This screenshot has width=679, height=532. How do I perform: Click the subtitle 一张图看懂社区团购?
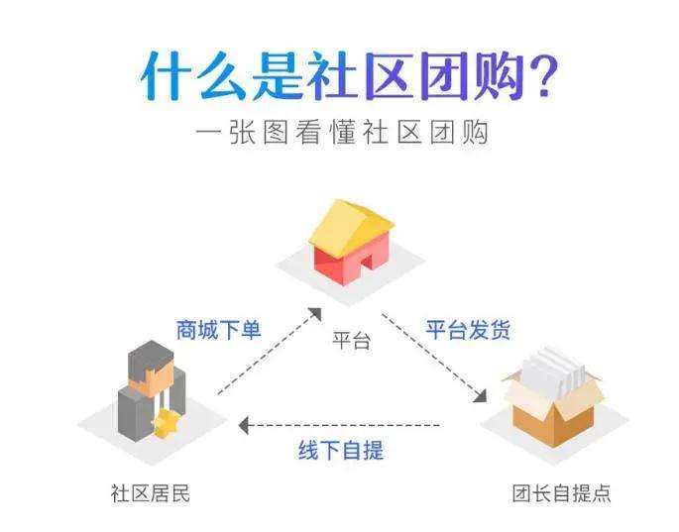coord(340,132)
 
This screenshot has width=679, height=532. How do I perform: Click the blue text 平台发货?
coord(469,329)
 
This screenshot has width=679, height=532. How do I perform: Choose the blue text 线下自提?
coord(341,451)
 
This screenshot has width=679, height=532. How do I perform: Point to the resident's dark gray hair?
coord(148,352)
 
